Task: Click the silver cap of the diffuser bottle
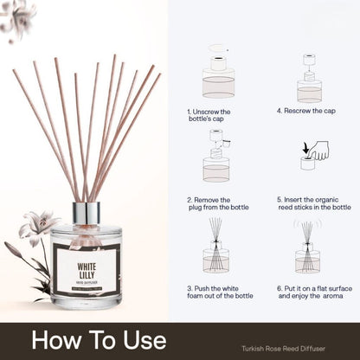pyautogui.click(x=86, y=213)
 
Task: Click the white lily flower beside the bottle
pyautogui.click(x=41, y=227)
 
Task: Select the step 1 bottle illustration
pyautogui.click(x=218, y=77)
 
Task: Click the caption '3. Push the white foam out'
pyautogui.click(x=218, y=292)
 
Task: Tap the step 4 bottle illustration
pyautogui.click(x=309, y=80)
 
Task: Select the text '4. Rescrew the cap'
pyautogui.click(x=306, y=111)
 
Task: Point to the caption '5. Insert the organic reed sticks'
pyautogui.click(x=313, y=203)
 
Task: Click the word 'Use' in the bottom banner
pyautogui.click(x=138, y=338)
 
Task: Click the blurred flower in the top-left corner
pyautogui.click(x=18, y=18)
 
